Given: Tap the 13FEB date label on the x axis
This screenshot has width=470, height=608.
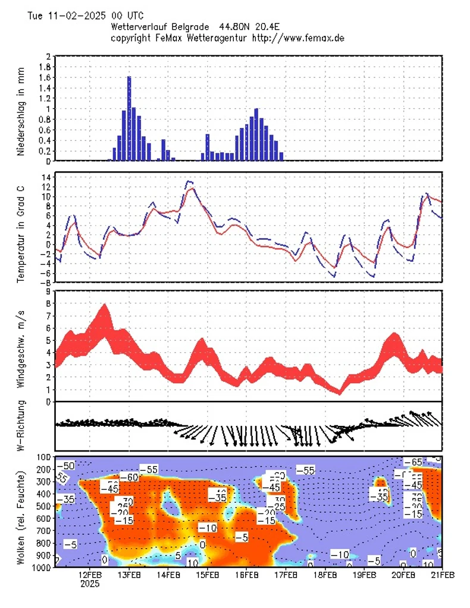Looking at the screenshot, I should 129,575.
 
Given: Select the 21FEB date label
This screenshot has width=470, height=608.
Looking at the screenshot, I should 442,575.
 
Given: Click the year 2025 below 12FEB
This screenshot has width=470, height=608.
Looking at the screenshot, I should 90,584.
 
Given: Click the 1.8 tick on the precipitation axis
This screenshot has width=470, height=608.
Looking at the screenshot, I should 44,67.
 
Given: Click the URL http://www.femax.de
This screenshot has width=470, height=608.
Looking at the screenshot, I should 299,37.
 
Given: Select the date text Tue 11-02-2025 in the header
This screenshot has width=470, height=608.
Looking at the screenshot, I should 64,15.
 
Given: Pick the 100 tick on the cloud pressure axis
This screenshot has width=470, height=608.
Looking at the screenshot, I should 43,457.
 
